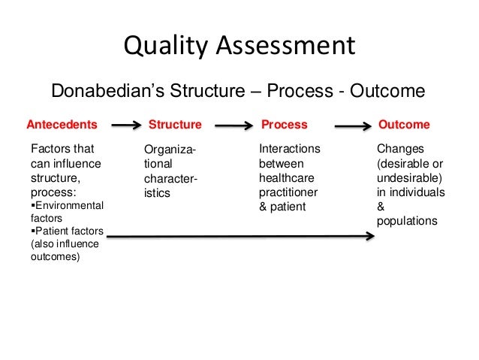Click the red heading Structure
[176, 124]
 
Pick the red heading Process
[284, 124]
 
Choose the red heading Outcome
[405, 124]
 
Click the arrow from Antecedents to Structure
[122, 126]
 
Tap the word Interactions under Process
[289, 149]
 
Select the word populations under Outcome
[406, 222]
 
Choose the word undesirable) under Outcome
[409, 177]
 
